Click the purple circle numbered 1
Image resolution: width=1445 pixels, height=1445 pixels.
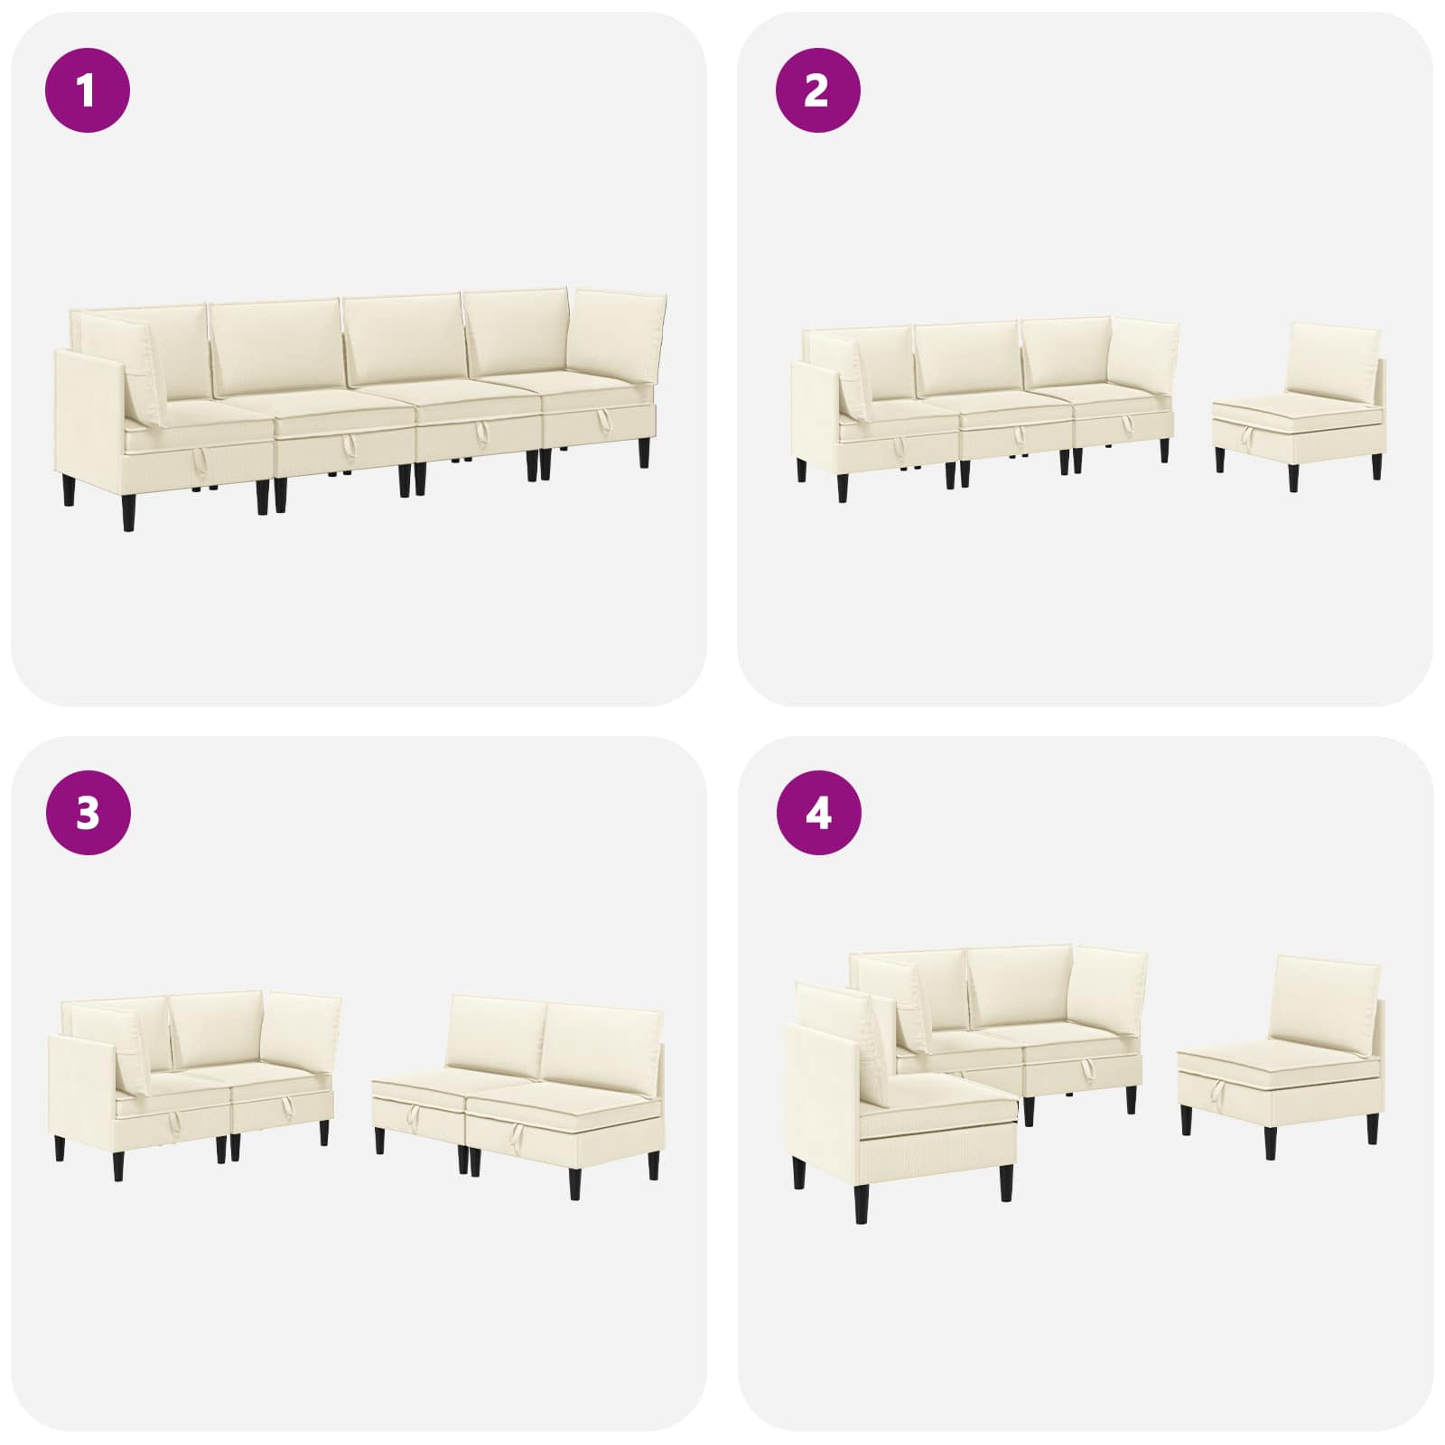[88, 90]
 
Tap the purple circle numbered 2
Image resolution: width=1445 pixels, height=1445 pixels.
[818, 90]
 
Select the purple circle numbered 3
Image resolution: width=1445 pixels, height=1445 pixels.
[88, 814]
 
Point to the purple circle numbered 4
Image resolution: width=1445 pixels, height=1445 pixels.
[818, 814]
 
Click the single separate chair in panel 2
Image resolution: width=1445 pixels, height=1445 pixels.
[1298, 406]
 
